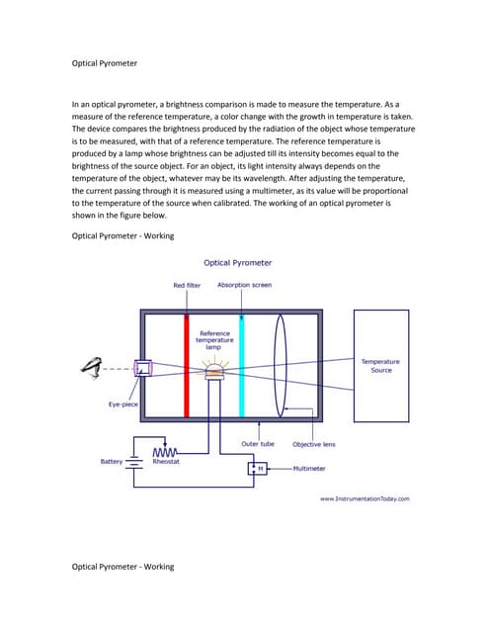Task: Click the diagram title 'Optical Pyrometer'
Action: pos(237,263)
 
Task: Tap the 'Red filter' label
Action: pos(187,285)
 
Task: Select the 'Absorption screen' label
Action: pos(244,285)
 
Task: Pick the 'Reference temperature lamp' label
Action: pos(214,340)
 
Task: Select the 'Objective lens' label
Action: pos(313,444)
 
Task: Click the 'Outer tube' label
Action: pos(258,444)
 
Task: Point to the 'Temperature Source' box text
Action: pos(380,366)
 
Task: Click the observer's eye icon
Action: pos(94,368)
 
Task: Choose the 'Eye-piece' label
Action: pos(123,405)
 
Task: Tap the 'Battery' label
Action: pos(112,460)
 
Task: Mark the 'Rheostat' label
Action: pos(166,461)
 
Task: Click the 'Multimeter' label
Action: pos(312,468)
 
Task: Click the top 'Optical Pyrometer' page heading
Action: pos(105,63)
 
